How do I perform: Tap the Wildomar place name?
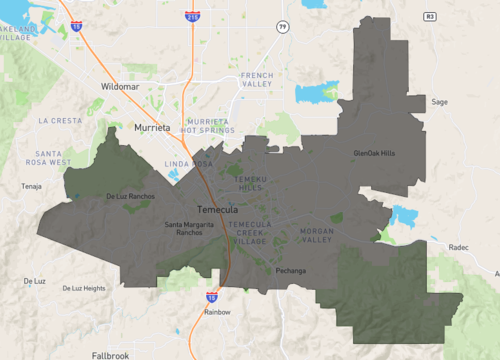click(122, 87)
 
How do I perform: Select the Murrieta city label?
click(153, 128)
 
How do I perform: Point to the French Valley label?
click(256, 80)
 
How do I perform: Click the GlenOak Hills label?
click(374, 153)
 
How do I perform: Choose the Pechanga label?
click(290, 271)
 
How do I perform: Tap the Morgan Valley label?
click(316, 236)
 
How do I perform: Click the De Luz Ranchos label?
click(130, 196)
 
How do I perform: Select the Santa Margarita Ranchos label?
click(190, 229)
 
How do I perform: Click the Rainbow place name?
click(217, 312)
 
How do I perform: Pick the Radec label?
click(458, 245)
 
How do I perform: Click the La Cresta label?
click(60, 120)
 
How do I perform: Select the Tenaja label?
click(32, 186)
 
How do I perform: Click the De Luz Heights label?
click(84, 288)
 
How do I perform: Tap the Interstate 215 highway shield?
click(191, 17)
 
